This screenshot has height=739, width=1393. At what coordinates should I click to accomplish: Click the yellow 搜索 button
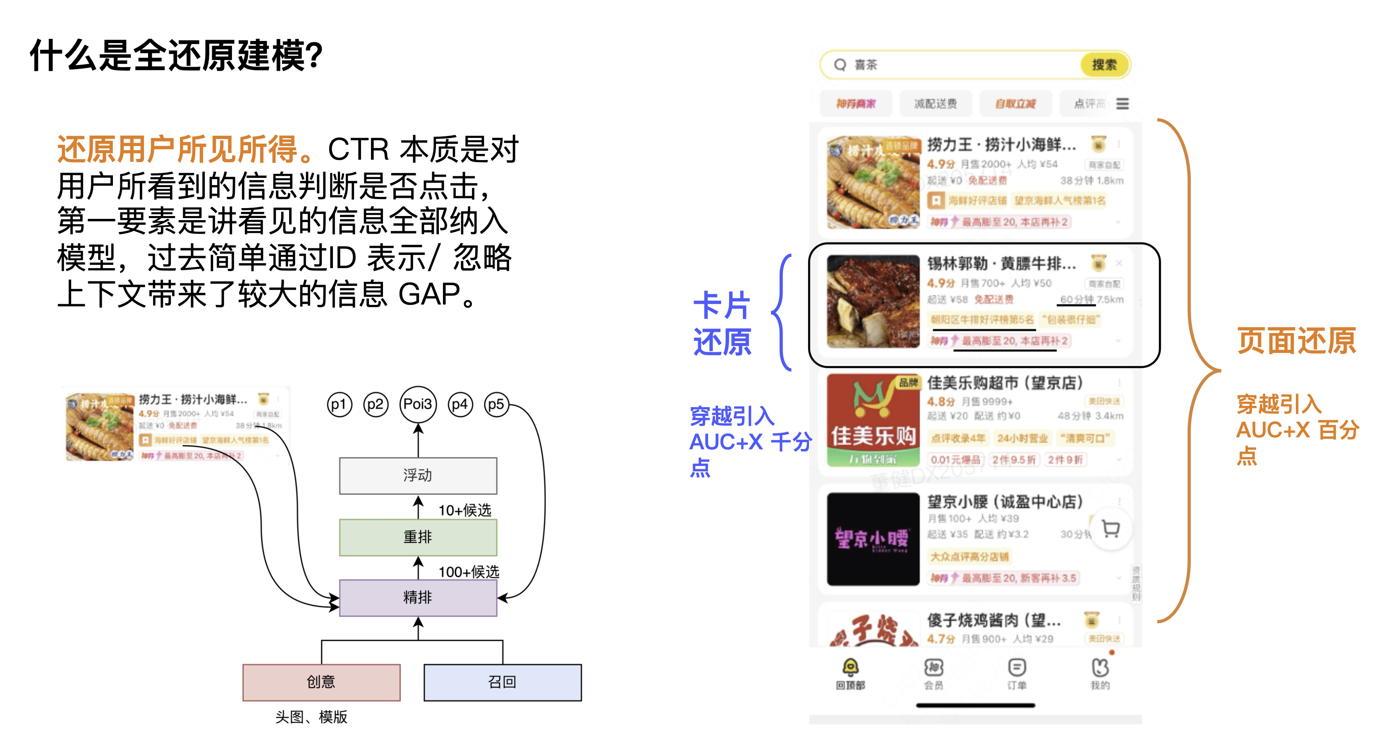tap(1104, 65)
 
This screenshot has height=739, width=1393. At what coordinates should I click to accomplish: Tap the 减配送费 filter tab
tap(936, 103)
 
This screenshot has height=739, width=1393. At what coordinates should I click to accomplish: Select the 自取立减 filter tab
tap(1015, 103)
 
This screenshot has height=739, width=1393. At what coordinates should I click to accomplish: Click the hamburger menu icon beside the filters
tap(1123, 103)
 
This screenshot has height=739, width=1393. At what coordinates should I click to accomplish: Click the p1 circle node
tap(339, 405)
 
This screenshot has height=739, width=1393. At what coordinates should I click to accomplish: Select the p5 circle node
tap(496, 405)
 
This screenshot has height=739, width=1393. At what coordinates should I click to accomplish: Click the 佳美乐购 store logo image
tap(873, 420)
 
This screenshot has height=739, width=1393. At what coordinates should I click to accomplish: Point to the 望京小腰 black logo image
tap(873, 539)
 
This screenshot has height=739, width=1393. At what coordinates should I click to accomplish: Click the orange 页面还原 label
tap(1297, 341)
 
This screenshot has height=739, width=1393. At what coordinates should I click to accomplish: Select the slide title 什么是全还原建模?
tap(176, 55)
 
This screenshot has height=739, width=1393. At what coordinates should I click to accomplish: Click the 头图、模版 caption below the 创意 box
tap(311, 717)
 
